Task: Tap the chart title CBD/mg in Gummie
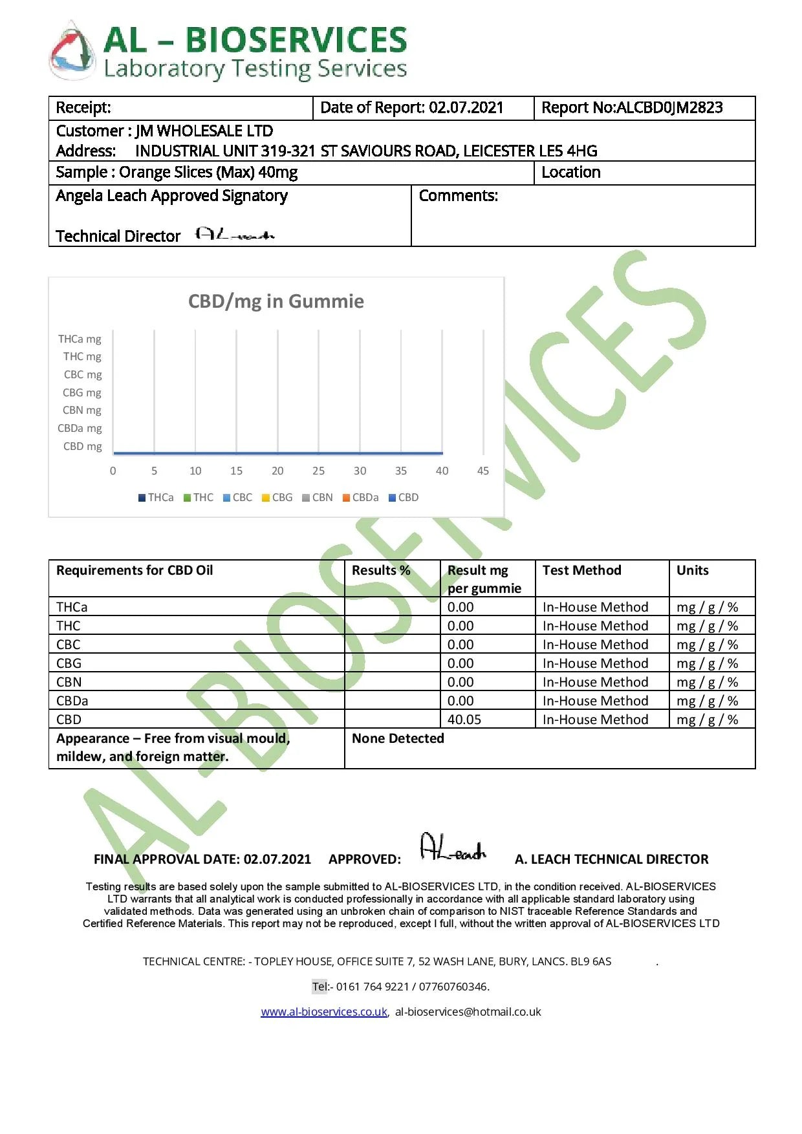coord(276,301)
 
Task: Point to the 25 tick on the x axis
coord(318,471)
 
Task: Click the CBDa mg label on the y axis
coord(80,429)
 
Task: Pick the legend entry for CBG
coord(277,498)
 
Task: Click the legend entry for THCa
coord(156,498)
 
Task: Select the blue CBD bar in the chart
coord(278,453)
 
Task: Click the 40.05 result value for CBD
coord(464,720)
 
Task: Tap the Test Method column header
coord(581,570)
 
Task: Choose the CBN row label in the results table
coord(69,682)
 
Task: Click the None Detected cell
coord(398,738)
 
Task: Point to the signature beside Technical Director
coord(235,235)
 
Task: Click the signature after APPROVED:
coord(453,848)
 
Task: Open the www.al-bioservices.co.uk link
coord(324,1012)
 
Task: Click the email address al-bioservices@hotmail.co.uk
coord(468,1012)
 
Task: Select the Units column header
coord(692,570)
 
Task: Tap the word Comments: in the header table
coord(459,196)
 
